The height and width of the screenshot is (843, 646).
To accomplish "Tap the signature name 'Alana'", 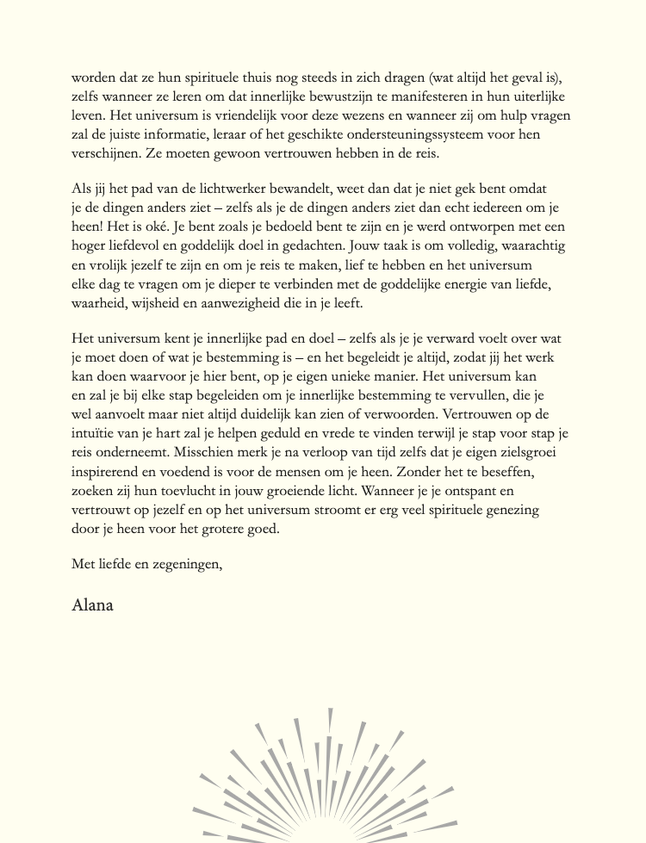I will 93,604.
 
